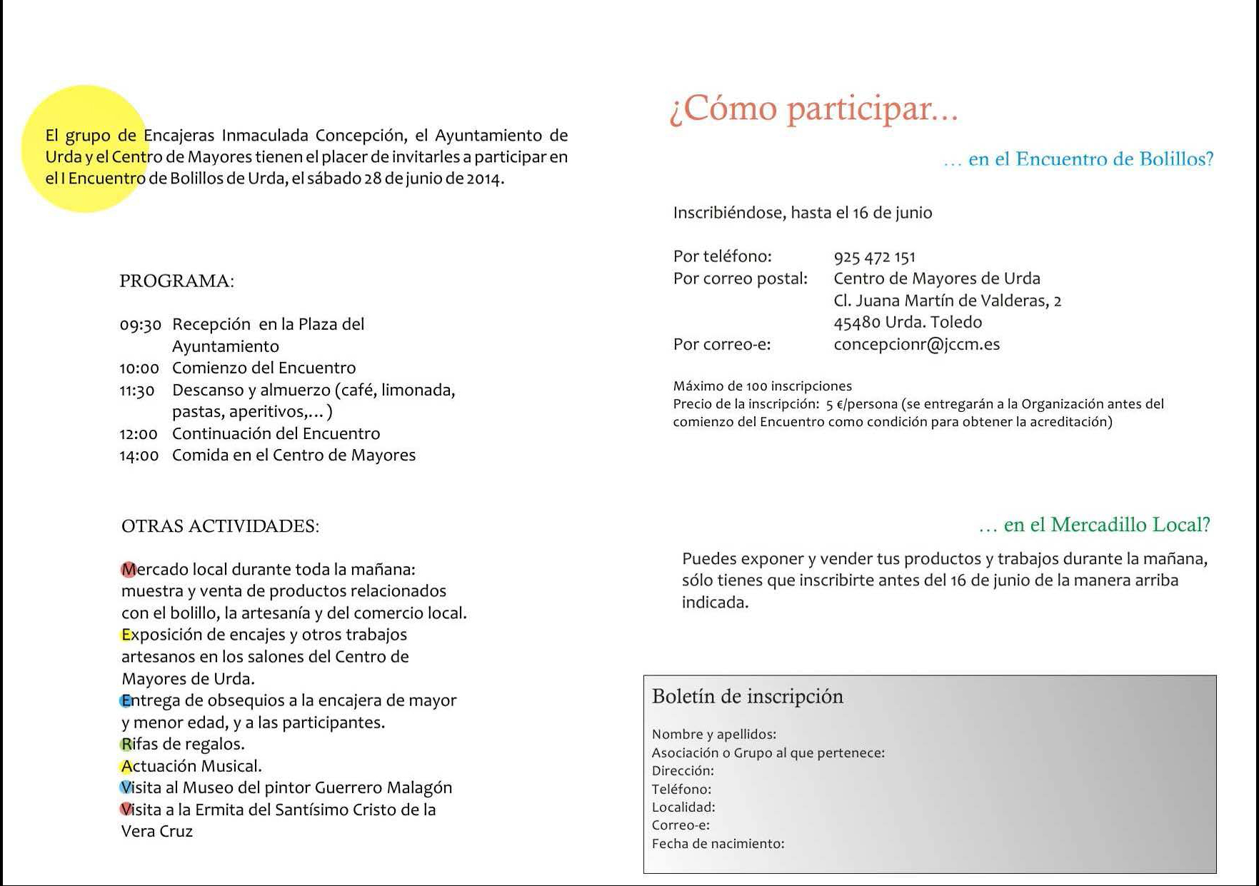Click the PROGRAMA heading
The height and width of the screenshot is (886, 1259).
(176, 281)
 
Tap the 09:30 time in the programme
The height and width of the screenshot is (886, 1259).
(140, 325)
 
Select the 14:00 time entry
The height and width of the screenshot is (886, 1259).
(139, 455)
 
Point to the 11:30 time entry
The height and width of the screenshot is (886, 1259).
(136, 391)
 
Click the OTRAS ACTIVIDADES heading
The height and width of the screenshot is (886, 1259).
(220, 526)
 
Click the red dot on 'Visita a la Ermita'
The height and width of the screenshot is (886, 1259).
(126, 810)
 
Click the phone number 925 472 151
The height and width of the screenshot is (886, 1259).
(874, 257)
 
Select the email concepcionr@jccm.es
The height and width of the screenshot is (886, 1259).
(916, 345)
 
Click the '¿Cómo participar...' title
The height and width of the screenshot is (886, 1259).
(813, 109)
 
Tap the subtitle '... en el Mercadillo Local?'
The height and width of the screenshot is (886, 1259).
(1094, 525)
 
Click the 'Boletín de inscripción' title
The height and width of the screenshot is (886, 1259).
(747, 697)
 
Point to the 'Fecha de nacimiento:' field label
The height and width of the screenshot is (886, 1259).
(718, 844)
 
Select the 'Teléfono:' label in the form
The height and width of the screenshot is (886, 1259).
(681, 789)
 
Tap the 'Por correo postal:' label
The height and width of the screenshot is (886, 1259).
(740, 278)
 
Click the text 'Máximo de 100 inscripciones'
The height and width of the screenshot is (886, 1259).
(762, 386)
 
